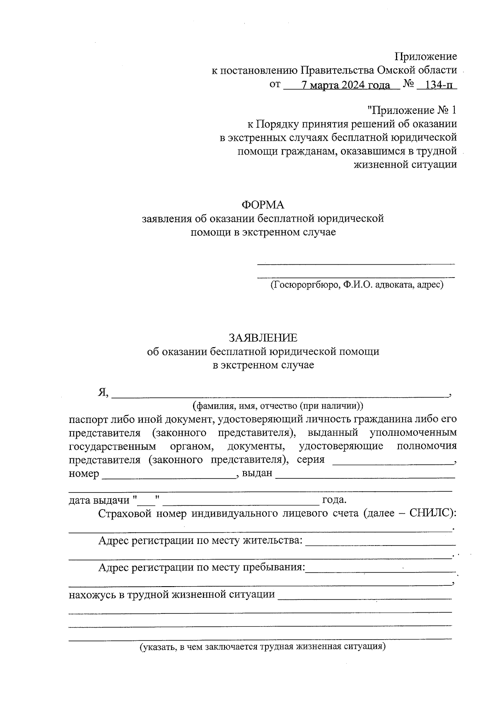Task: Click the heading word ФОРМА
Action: coord(263,205)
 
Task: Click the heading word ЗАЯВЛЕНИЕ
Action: coord(263,338)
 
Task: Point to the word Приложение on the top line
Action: coord(426,56)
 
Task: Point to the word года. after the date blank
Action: coord(334,500)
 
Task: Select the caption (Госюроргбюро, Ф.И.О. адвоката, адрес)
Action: coord(356,285)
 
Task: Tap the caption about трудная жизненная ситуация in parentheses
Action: coord(263,646)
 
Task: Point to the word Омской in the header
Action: coord(394,70)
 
